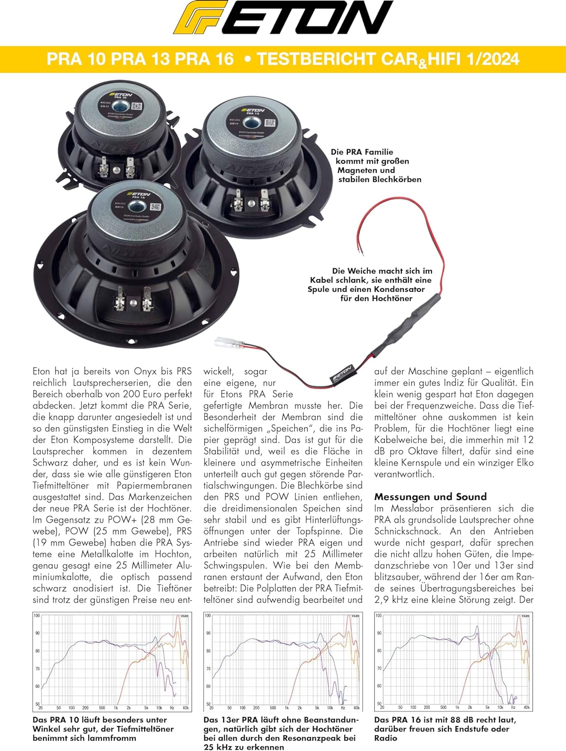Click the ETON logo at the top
coord(283,23)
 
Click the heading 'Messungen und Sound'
coord(430,497)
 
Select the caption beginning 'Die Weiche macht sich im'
coord(370,284)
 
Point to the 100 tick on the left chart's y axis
coord(37,615)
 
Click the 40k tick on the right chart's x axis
coord(526,707)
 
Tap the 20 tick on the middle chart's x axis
coord(211,708)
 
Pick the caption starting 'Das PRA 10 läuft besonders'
coord(103,728)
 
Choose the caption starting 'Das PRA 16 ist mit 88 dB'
coord(445,728)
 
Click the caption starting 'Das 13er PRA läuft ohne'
coord(281,733)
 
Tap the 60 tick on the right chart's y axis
coord(378,686)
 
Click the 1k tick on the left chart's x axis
coord(116,708)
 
